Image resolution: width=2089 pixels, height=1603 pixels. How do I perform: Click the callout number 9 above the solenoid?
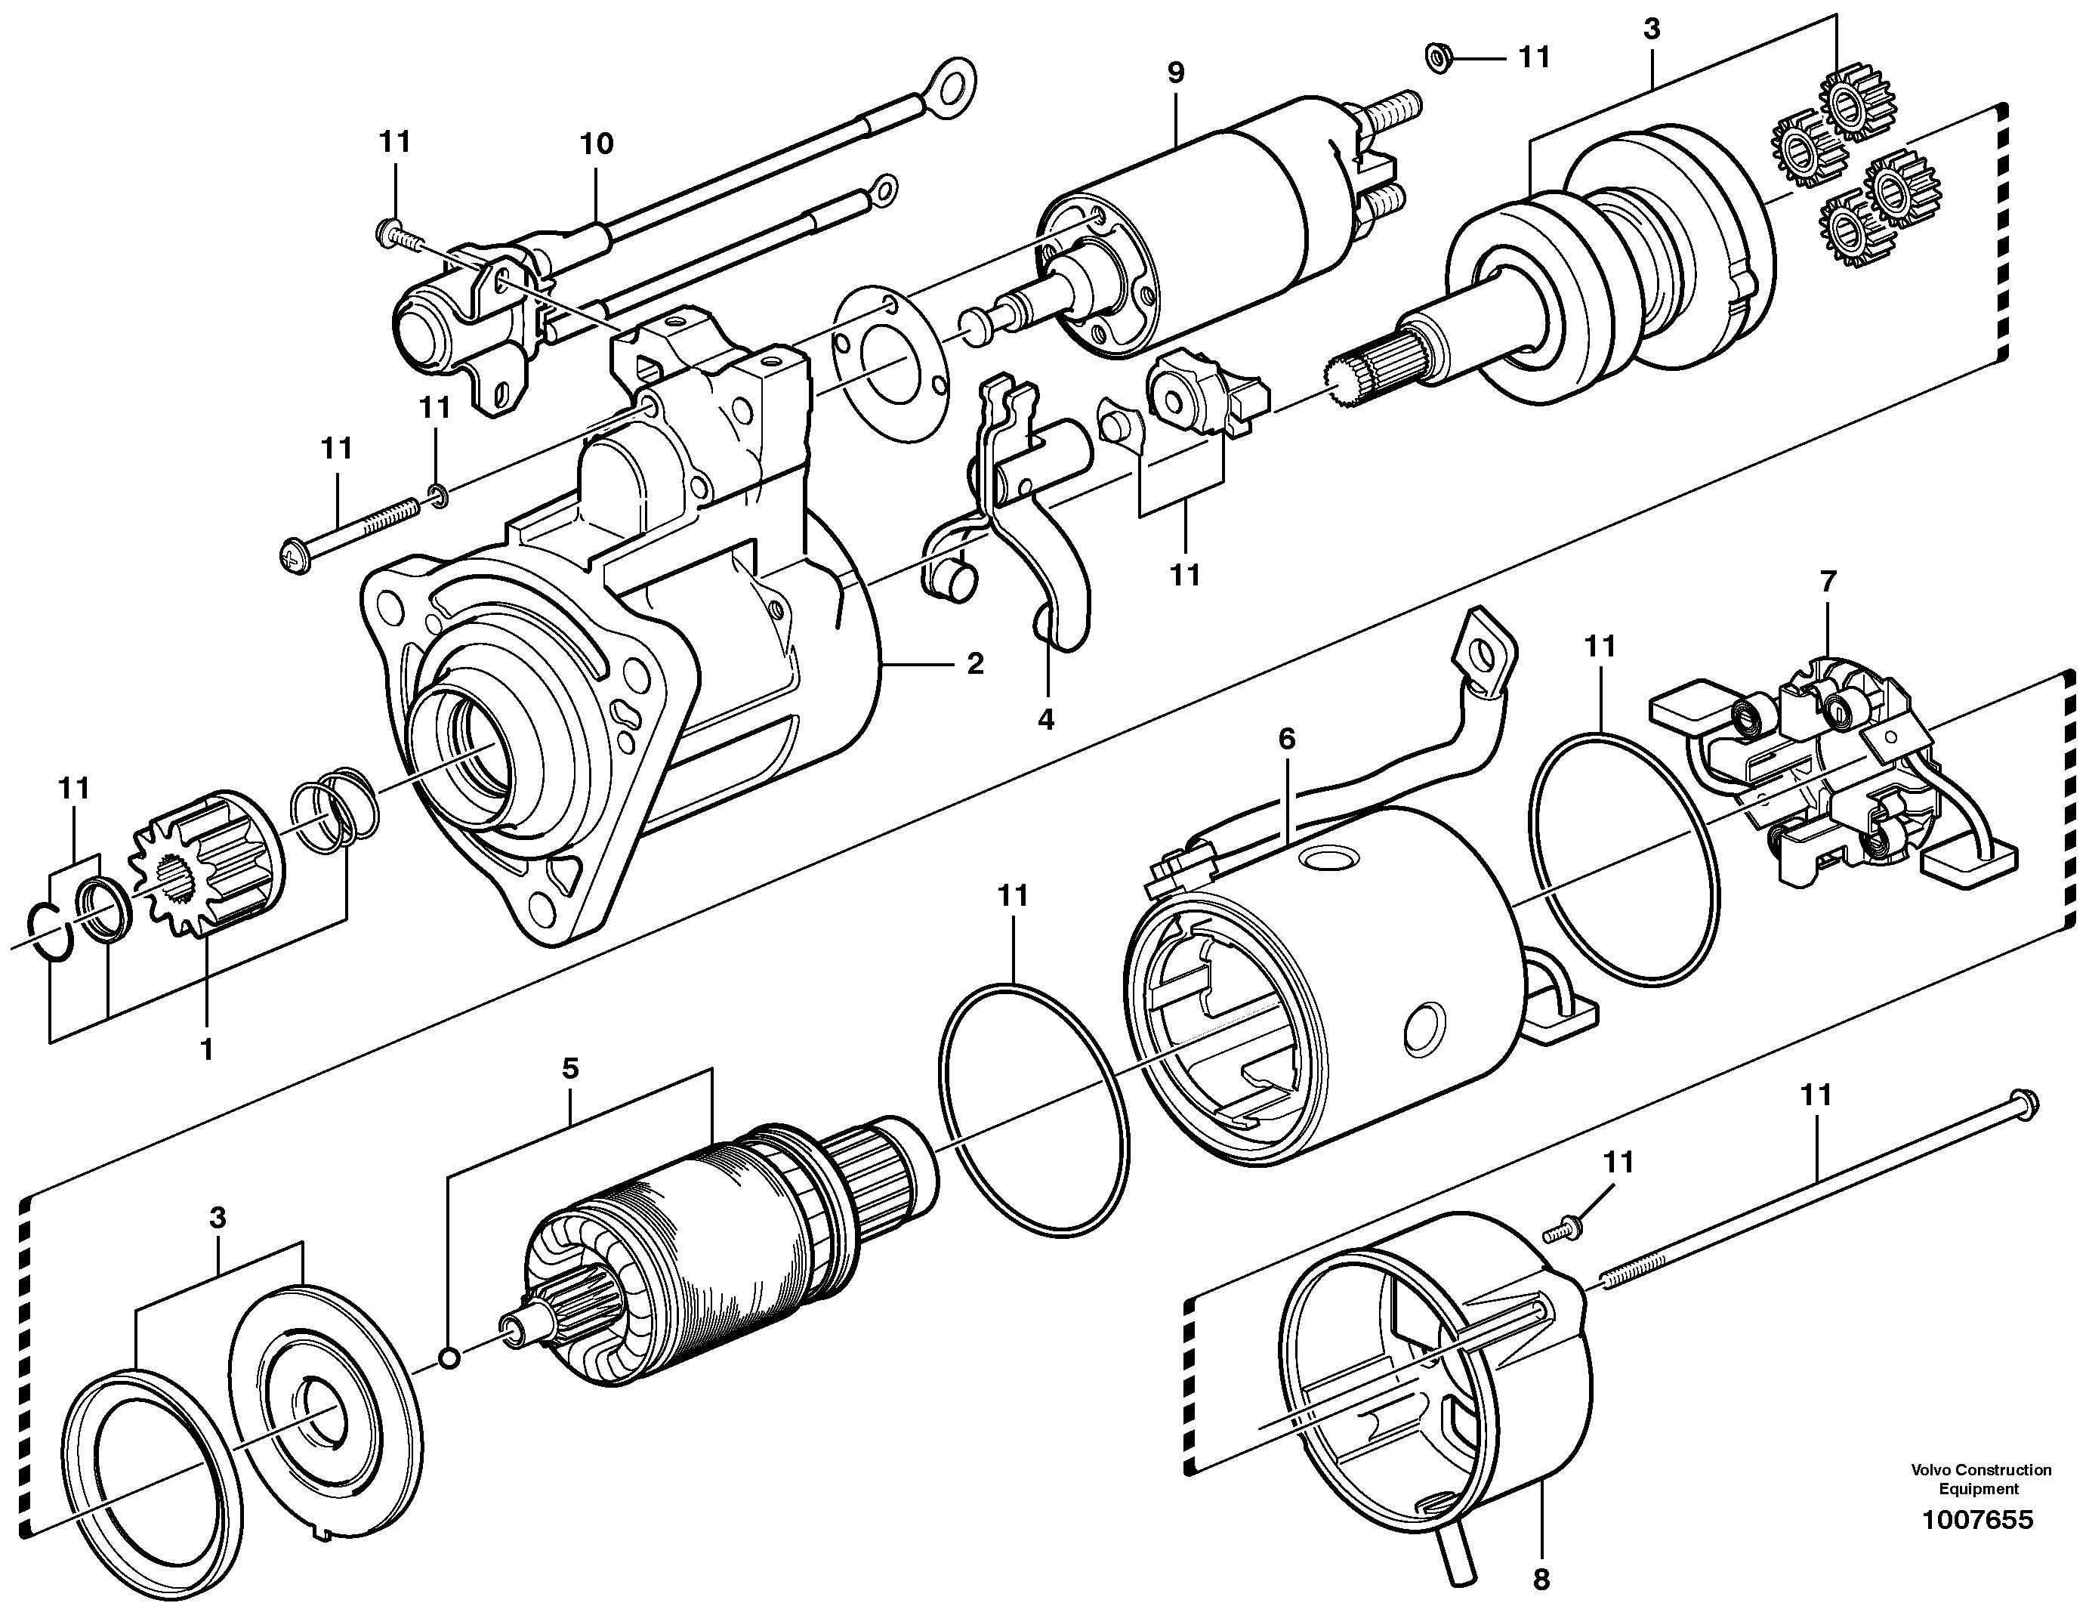pyautogui.click(x=1175, y=73)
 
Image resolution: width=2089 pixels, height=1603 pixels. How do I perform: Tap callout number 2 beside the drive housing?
pyautogui.click(x=974, y=663)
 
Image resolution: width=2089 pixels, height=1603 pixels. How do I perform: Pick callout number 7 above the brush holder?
pyautogui.click(x=1828, y=581)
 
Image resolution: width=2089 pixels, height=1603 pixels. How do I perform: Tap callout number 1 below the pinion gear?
pyautogui.click(x=206, y=1049)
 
